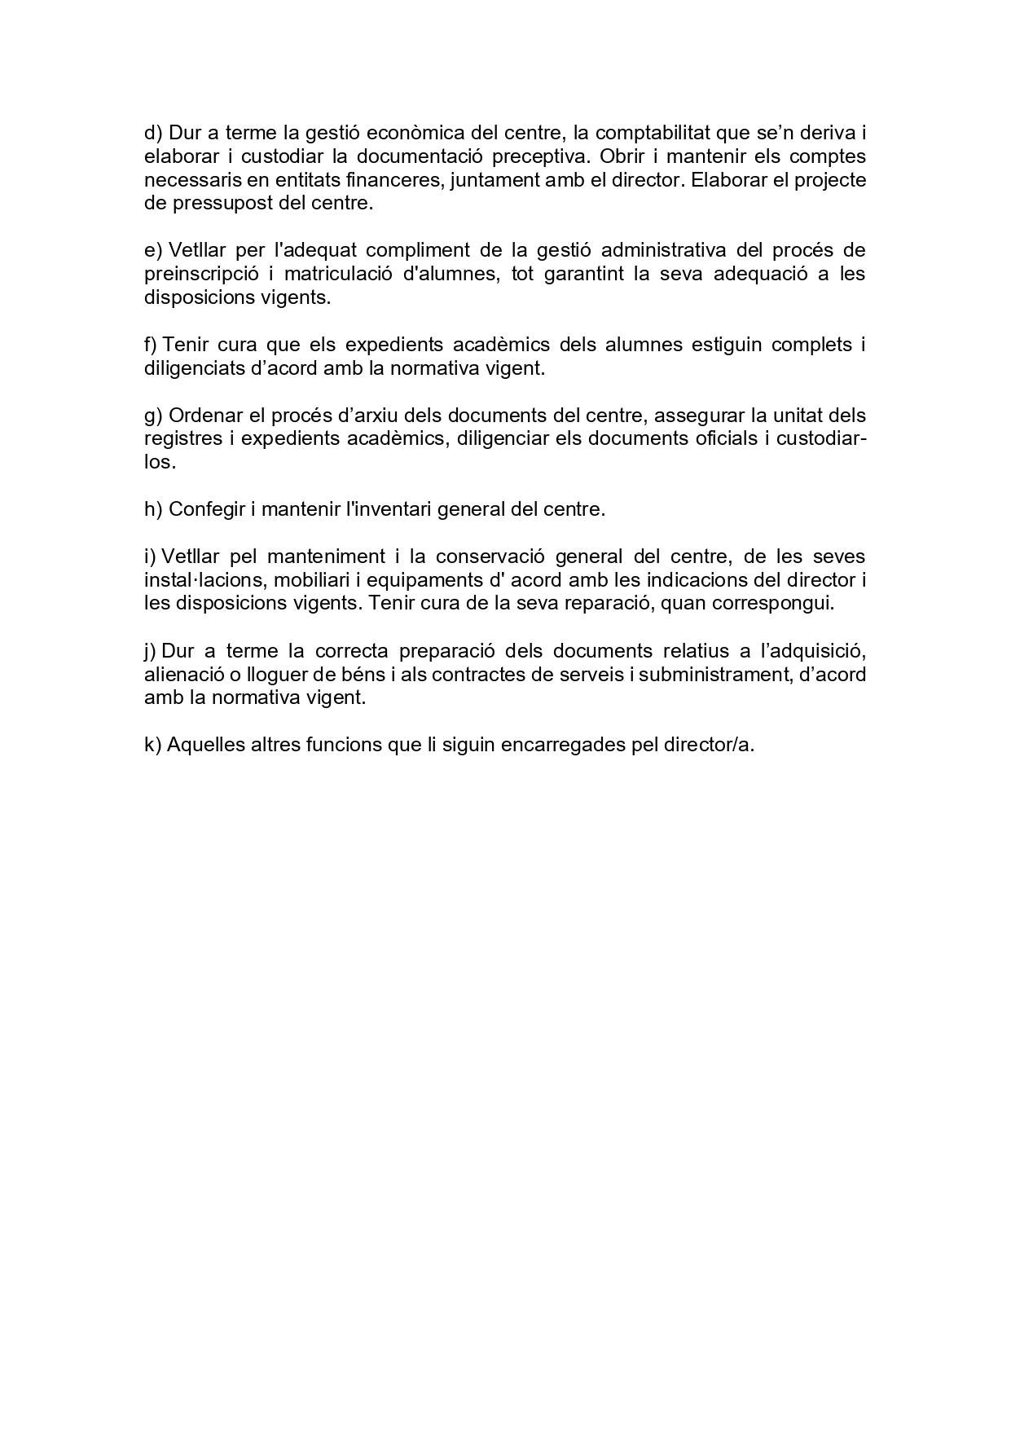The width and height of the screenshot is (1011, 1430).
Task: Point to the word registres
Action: [182, 439]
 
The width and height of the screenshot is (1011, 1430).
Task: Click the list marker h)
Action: [153, 510]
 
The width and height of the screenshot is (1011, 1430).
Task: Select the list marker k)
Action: [153, 746]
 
